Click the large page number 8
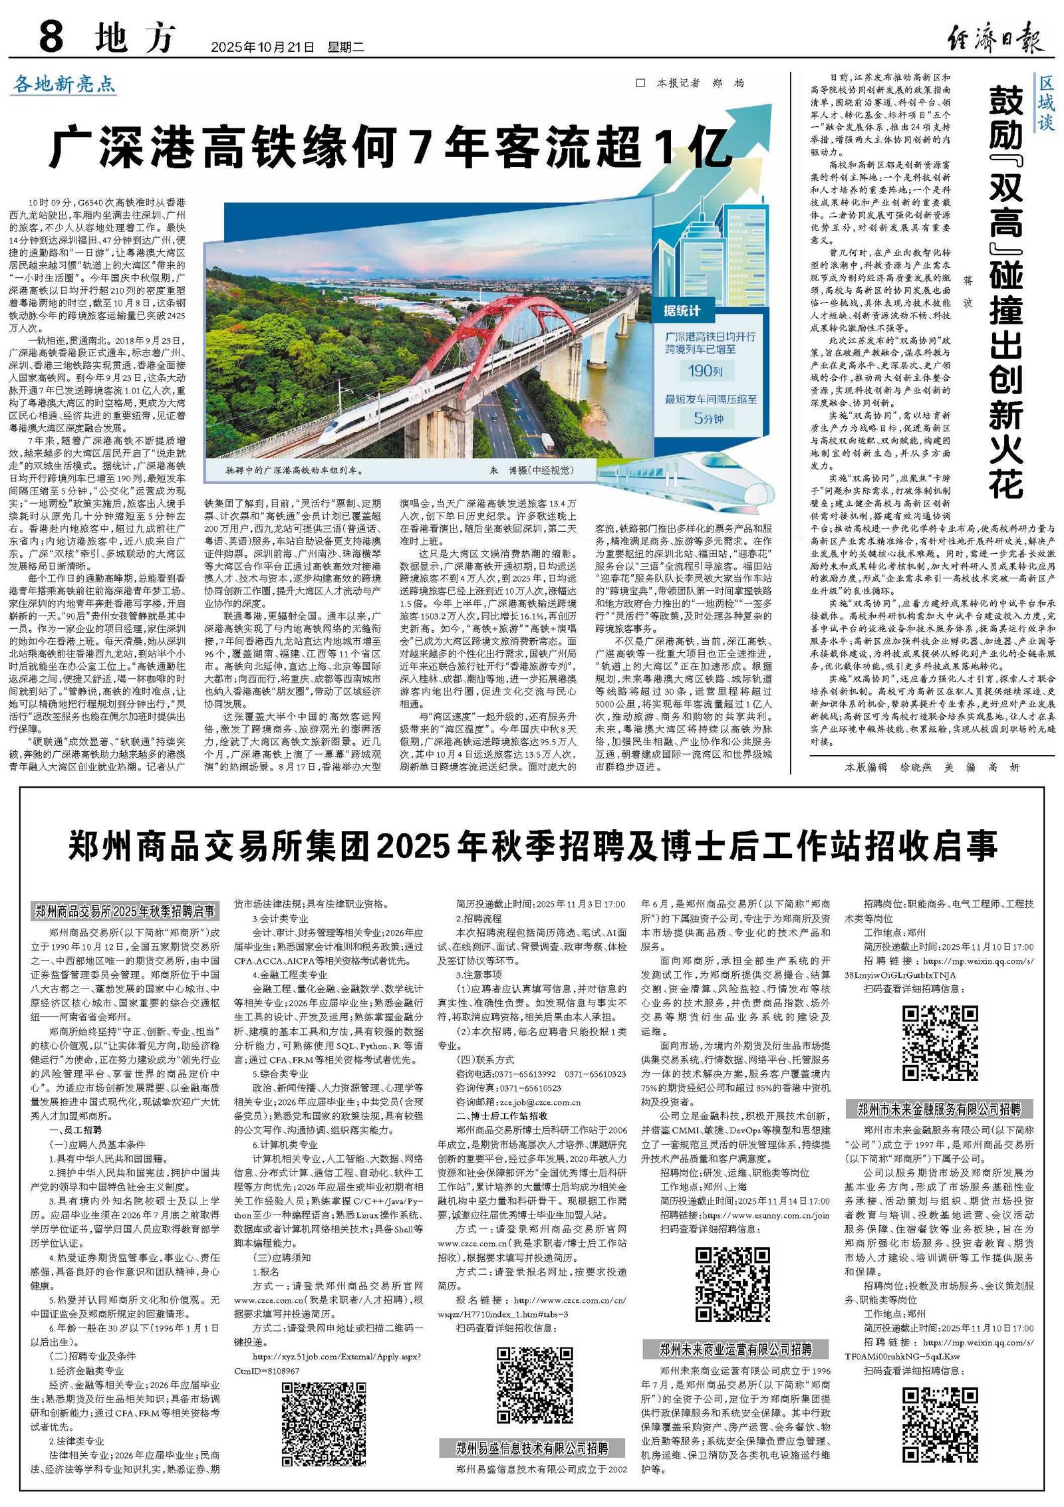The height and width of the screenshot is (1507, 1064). click(x=51, y=37)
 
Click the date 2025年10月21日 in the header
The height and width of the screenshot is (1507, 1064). click(x=262, y=47)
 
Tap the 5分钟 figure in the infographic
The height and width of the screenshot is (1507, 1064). click(x=708, y=419)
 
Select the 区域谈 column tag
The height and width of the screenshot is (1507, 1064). click(x=1045, y=103)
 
